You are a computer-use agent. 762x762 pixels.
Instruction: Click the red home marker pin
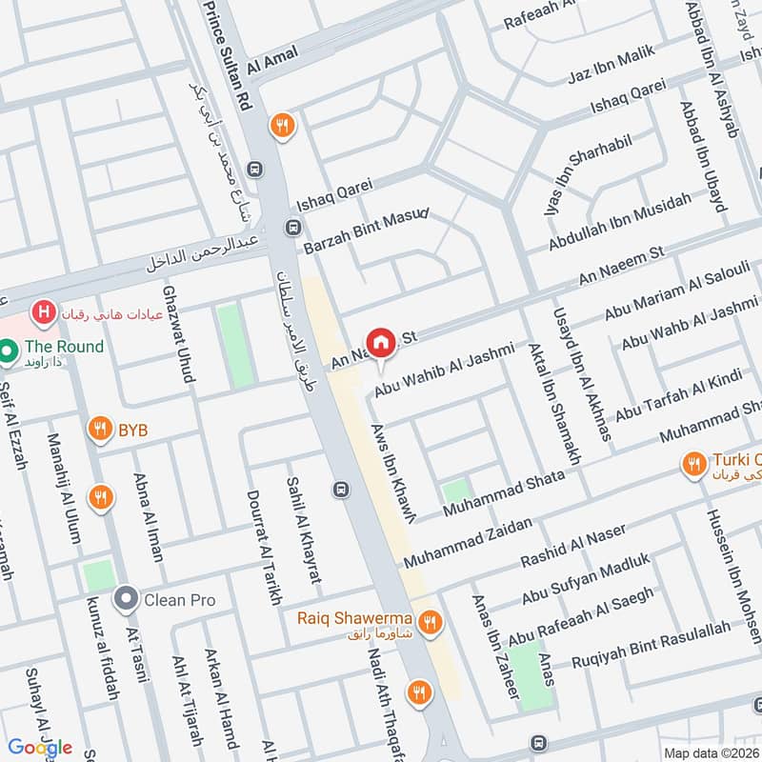pos(381,342)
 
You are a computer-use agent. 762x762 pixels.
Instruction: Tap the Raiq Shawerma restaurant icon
pos(431,622)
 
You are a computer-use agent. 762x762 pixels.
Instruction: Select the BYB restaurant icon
pos(99,430)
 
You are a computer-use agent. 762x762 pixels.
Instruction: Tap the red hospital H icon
pos(42,311)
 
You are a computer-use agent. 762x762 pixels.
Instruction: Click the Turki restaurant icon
pos(693,465)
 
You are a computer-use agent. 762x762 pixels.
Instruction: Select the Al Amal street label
pos(272,58)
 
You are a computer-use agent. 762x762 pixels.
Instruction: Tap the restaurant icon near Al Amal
pos(281,123)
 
